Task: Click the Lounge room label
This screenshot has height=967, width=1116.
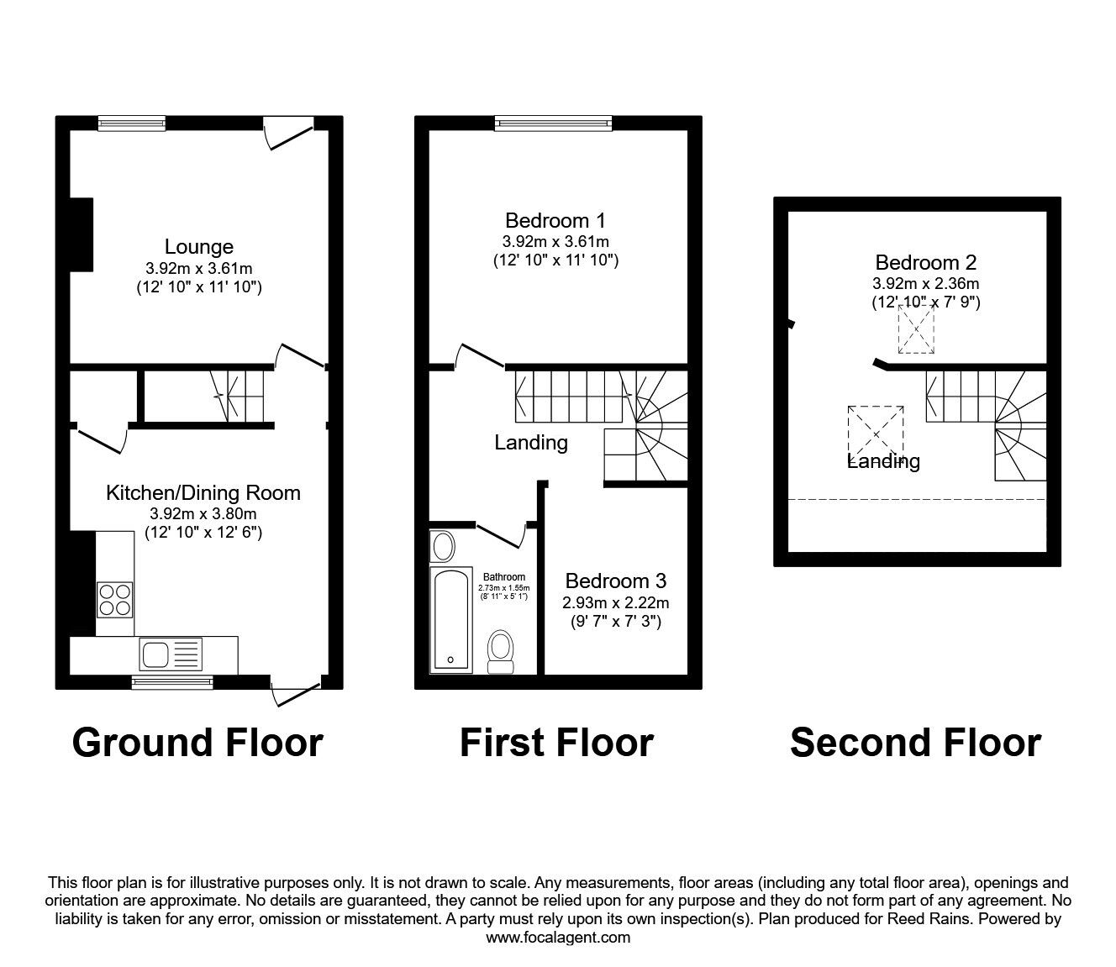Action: click(x=198, y=247)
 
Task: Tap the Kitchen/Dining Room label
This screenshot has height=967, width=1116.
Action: click(x=203, y=492)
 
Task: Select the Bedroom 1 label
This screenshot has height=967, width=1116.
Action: click(x=555, y=221)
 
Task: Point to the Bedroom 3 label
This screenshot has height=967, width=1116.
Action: click(x=615, y=581)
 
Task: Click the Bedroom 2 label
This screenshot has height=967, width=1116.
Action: click(x=925, y=263)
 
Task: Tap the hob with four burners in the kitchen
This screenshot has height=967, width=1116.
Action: click(x=115, y=599)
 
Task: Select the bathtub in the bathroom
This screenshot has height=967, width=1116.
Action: click(x=451, y=619)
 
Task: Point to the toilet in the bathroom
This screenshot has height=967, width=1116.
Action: click(x=501, y=652)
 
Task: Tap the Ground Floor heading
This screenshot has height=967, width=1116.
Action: click(x=197, y=743)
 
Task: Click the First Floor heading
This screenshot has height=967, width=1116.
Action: click(x=556, y=743)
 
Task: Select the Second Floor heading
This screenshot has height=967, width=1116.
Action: click(x=915, y=743)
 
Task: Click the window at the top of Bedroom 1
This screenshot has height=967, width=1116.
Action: click(x=553, y=124)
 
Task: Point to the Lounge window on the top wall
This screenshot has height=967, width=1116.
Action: click(x=131, y=124)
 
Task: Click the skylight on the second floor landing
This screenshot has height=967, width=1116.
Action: click(x=876, y=434)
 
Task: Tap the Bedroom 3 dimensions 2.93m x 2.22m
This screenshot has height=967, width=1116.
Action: click(x=615, y=602)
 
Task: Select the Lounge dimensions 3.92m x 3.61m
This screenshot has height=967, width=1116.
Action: click(x=198, y=269)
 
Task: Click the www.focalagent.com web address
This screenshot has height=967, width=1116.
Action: click(x=558, y=938)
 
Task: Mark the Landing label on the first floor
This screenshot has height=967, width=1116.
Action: click(x=530, y=442)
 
